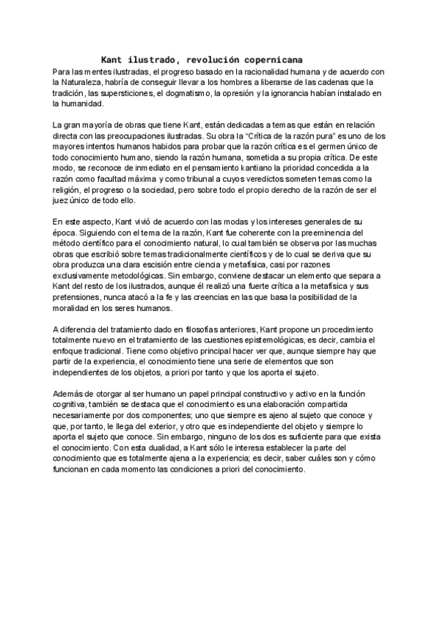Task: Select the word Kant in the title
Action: click(111, 59)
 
